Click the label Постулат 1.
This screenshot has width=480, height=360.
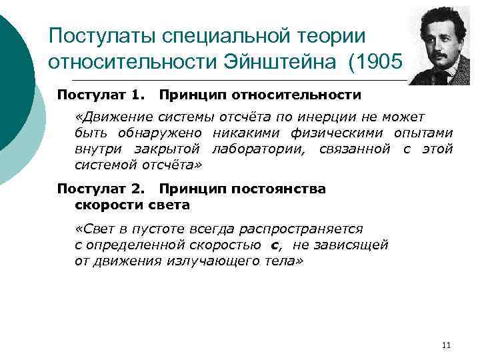click(98, 96)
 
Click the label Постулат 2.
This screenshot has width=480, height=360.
click(98, 189)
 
